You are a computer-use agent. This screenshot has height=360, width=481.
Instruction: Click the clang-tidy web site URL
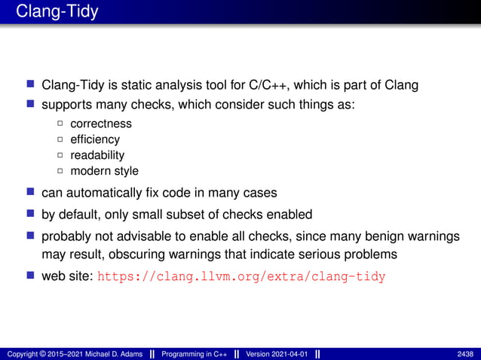241,276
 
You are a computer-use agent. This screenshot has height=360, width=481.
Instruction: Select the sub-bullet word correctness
101,124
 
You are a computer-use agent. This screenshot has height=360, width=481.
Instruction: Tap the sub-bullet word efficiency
95,139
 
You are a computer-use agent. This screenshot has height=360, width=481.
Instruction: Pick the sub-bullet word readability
97,155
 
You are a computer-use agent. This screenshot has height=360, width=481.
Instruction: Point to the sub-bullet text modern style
104,171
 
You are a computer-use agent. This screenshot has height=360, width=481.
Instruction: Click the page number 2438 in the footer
465,353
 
